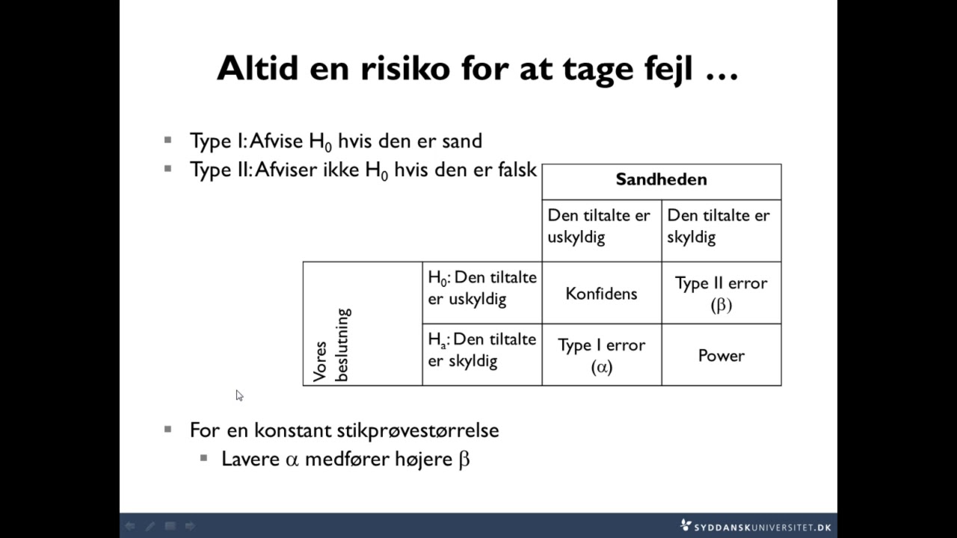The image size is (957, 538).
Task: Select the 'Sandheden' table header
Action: click(661, 179)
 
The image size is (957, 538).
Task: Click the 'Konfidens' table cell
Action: click(601, 294)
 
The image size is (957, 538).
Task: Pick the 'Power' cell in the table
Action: click(721, 356)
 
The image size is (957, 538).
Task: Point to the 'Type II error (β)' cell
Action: click(721, 293)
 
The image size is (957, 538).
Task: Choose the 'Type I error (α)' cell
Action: click(601, 355)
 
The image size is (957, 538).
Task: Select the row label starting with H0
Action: click(482, 288)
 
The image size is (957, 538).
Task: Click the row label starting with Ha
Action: click(482, 350)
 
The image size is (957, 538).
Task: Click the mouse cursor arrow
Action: click(239, 395)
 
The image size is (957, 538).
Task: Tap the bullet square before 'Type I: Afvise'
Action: click(168, 140)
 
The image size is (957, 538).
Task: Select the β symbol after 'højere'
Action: click(464, 459)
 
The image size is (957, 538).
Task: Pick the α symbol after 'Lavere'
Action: click(292, 460)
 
